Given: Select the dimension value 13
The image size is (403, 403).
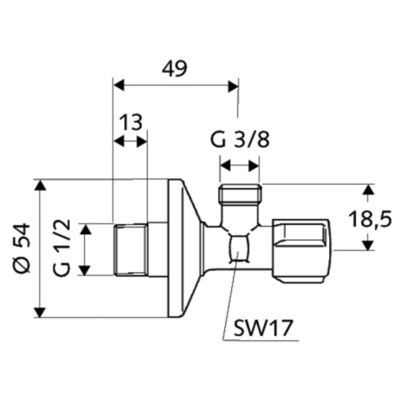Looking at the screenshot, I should pos(129,123).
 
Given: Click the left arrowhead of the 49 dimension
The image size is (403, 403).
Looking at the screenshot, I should pos(118,84).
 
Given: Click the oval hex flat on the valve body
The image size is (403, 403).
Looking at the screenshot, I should pos(239,249).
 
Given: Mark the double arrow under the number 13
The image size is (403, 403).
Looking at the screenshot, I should pos(129,141).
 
